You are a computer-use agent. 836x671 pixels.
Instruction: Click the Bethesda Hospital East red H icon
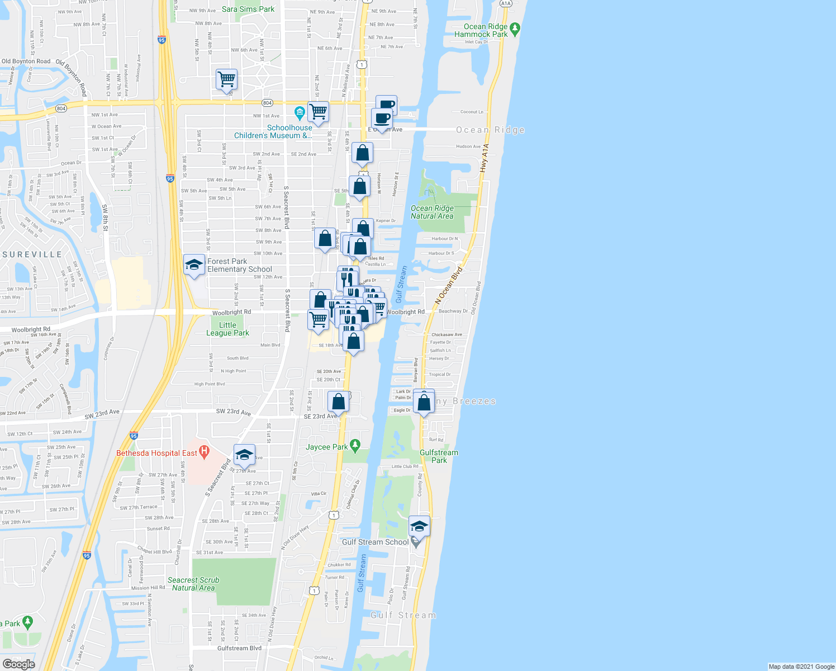pos(204,451)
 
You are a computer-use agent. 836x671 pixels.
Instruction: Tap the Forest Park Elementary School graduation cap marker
pos(194,264)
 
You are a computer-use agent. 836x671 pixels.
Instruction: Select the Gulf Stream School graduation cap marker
pos(419,526)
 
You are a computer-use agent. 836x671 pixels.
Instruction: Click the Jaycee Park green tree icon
pos(354,446)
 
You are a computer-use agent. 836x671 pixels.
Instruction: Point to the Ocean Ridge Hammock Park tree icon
pos(515,28)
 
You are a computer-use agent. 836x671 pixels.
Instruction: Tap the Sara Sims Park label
pos(248,9)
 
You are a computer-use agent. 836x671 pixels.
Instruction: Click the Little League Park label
pos(227,329)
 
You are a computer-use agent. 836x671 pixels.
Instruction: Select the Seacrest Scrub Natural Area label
pos(193,584)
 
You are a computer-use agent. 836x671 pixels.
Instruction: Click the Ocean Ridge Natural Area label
pos(432,212)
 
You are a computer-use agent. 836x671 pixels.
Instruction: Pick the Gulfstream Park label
pos(439,456)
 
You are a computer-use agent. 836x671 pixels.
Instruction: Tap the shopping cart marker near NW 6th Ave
pos(227,79)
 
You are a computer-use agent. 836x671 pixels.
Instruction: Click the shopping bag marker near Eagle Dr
pos(424,402)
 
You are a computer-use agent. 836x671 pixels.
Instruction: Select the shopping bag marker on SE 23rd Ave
pos(338,401)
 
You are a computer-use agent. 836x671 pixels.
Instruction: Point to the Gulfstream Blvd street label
pos(239,648)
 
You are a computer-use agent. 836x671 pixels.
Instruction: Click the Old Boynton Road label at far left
pos(26,62)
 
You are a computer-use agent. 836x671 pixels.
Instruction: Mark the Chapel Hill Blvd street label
pos(154,551)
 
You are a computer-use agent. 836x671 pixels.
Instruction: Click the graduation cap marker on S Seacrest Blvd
pos(244,455)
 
